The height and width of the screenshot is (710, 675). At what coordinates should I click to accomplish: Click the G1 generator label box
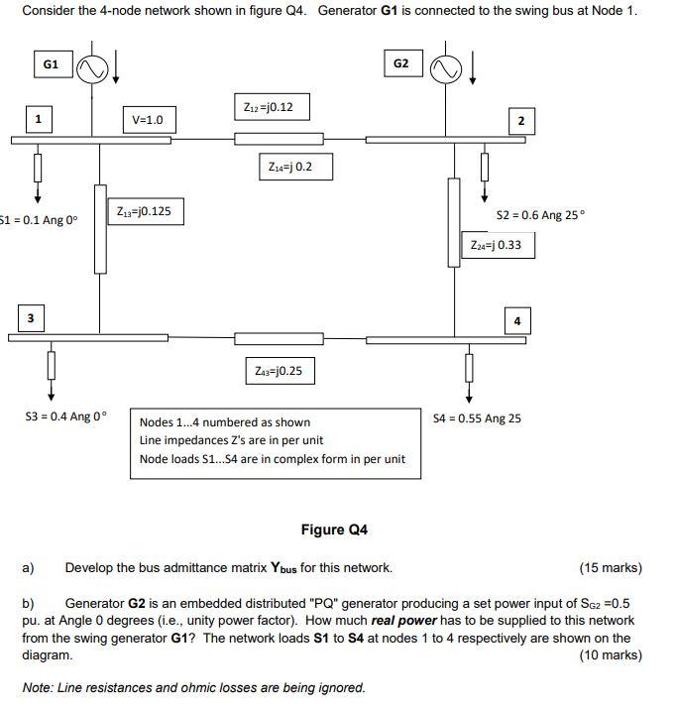(52, 64)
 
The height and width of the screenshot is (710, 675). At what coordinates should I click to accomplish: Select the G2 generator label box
(400, 64)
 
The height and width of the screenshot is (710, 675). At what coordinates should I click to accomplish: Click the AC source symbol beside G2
(446, 68)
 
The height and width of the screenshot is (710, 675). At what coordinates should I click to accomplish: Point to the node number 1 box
(38, 119)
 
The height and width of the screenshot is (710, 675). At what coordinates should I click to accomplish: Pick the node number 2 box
(521, 121)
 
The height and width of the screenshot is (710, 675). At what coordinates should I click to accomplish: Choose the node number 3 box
(31, 318)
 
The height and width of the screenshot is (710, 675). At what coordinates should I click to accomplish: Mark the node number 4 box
(517, 320)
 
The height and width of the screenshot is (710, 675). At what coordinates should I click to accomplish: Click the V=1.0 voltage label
(148, 121)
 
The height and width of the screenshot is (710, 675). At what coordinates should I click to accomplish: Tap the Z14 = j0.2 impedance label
(290, 167)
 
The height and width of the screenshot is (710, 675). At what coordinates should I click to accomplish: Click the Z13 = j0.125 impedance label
(144, 211)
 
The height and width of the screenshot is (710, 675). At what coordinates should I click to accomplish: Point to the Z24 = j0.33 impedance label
(497, 245)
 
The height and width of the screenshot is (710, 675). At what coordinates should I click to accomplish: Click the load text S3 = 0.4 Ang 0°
(65, 416)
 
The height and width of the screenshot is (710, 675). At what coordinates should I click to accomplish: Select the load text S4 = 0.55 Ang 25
(477, 418)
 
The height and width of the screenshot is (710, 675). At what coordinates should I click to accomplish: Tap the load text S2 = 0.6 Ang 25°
(540, 215)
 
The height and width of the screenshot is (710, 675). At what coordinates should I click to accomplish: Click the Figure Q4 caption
(334, 530)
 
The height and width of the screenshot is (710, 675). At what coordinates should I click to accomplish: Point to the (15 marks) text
(611, 568)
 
